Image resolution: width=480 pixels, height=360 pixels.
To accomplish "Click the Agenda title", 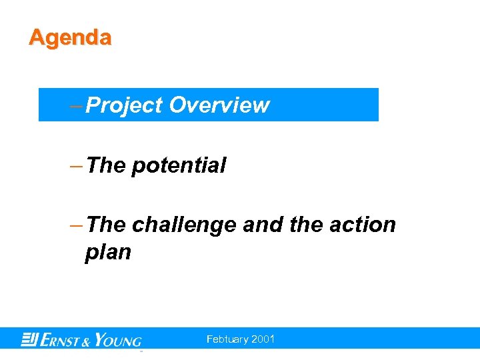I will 70,37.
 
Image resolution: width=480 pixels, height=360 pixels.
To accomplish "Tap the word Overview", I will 219,105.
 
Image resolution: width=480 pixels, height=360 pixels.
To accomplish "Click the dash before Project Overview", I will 77,105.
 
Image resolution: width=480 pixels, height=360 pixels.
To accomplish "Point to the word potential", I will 179,165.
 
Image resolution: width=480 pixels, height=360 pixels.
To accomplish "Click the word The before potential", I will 106,165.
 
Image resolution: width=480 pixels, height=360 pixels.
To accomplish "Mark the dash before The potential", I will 77,165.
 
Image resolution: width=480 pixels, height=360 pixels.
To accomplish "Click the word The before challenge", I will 106,225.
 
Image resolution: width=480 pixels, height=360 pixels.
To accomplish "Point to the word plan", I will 108,253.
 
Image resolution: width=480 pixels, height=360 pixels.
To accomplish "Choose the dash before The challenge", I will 77,225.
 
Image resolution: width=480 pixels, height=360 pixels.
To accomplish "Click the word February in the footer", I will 228,339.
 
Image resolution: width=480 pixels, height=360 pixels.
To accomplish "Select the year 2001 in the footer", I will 263,339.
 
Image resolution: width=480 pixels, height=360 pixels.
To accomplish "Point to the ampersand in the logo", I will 88,341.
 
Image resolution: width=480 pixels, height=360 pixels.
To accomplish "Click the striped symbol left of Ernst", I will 29,339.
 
